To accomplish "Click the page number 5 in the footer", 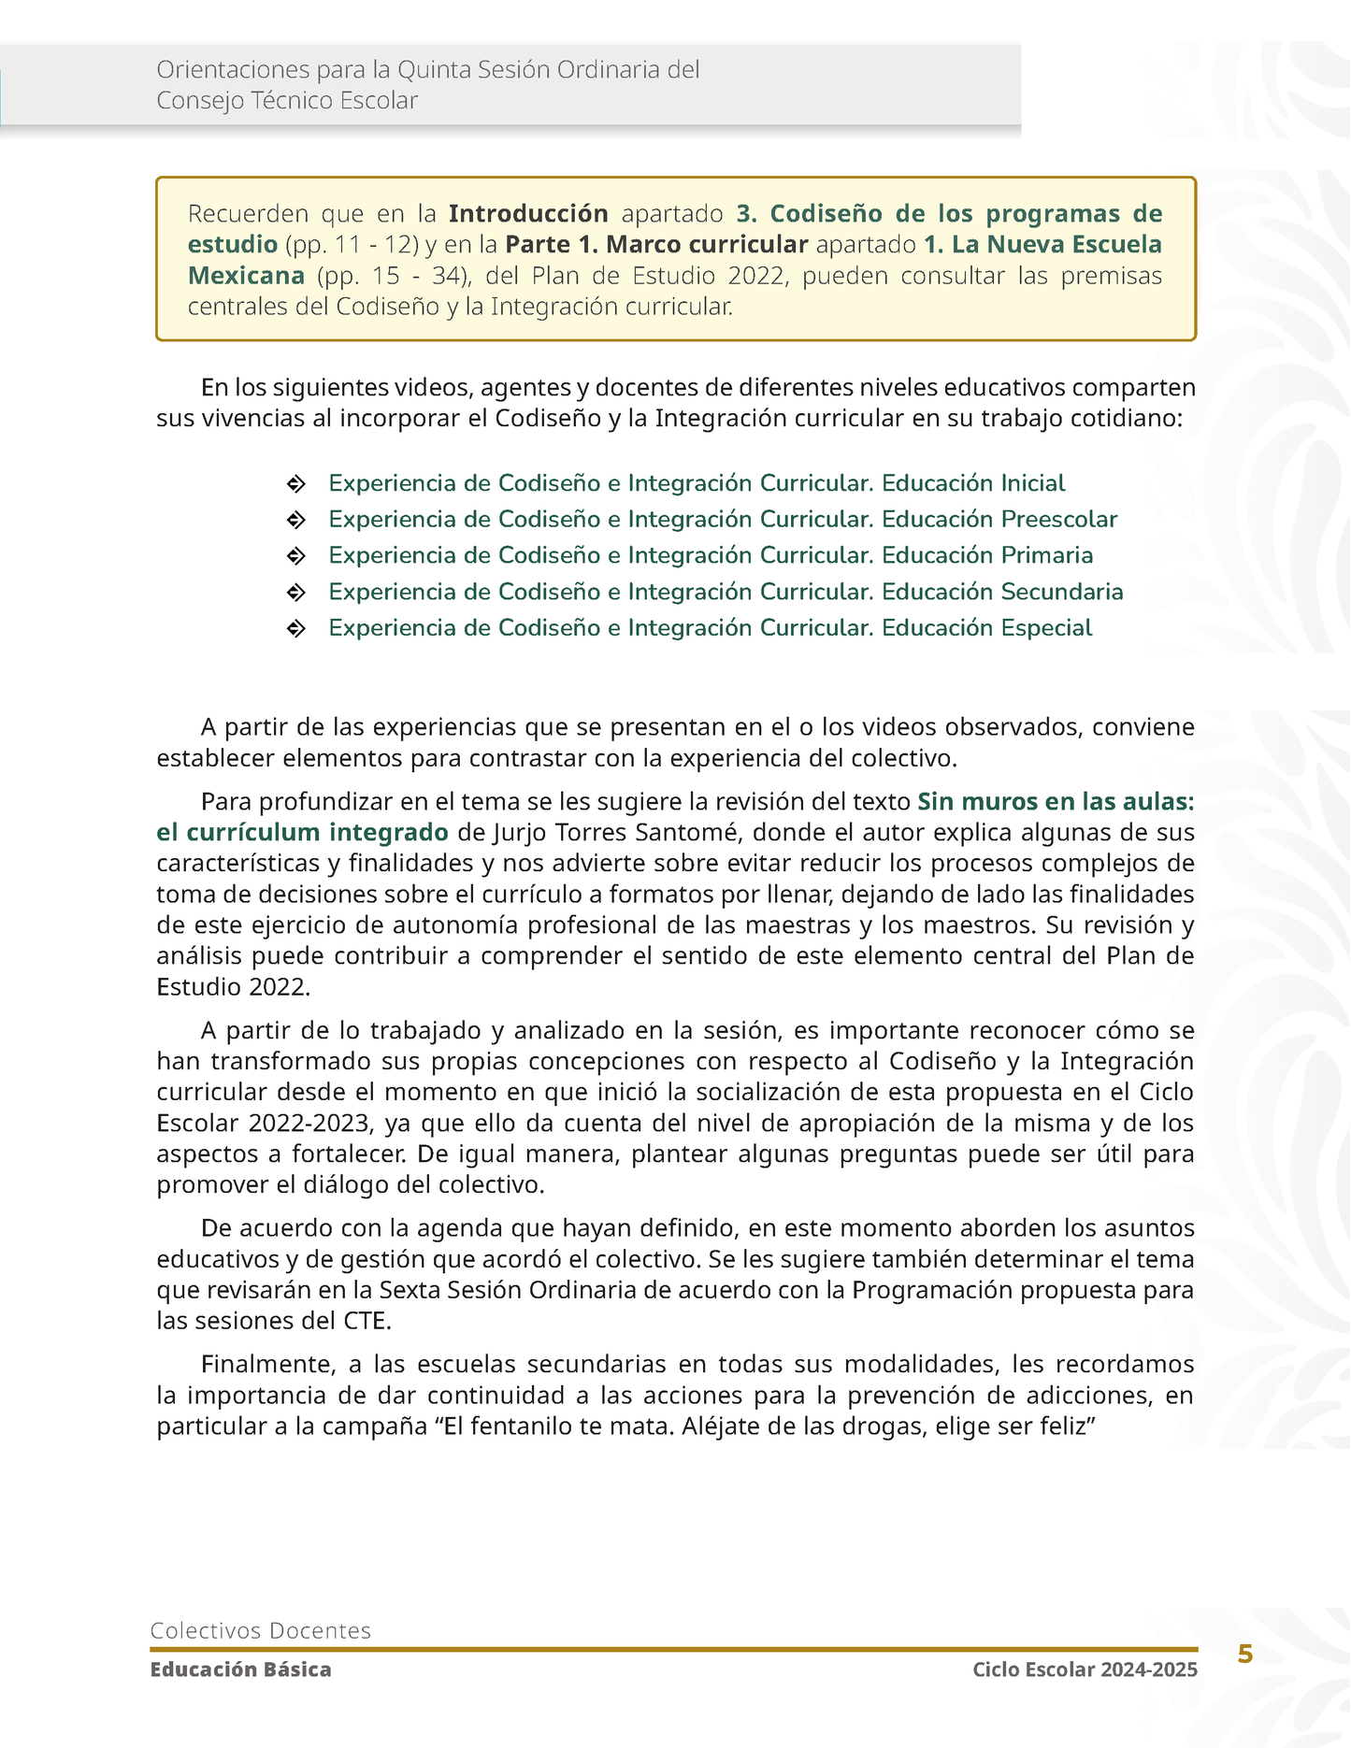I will (1244, 1654).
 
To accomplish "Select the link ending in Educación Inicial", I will (697, 483).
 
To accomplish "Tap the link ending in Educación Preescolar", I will (723, 520).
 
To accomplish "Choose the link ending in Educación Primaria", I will (711, 555).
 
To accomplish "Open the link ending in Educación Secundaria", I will (726, 592).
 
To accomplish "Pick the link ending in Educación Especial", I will (711, 628).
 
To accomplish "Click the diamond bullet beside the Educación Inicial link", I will (295, 484).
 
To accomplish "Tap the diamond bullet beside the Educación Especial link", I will (295, 629).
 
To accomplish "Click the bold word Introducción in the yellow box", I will (528, 214).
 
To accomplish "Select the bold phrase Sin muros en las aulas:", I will (1056, 802).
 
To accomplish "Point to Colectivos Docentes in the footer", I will (261, 1630).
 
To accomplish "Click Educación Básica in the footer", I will (240, 1669).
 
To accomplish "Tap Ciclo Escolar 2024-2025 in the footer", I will (1085, 1669).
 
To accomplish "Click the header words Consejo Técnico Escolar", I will (287, 101).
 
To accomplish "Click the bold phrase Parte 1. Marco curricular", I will (656, 245).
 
